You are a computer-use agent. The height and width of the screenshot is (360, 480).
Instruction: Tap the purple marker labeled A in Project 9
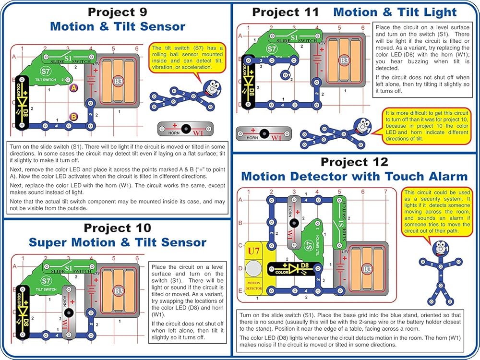tap(73, 88)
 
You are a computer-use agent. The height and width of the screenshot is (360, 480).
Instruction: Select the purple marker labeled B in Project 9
tap(73, 116)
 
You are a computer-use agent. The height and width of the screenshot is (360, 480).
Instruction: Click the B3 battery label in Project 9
tap(119, 81)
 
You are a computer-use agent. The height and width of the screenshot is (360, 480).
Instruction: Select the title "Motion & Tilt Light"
tap(395, 12)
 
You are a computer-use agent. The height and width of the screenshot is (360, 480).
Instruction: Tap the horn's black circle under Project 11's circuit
tap(263, 133)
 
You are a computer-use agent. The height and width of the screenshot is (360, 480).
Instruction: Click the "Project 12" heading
tap(354, 162)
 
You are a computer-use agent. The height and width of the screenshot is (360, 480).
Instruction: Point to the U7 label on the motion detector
tap(253, 251)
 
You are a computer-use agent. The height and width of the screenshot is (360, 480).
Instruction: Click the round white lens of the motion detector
tap(253, 268)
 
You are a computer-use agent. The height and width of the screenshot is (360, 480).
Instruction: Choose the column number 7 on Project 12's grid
tap(385, 192)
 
